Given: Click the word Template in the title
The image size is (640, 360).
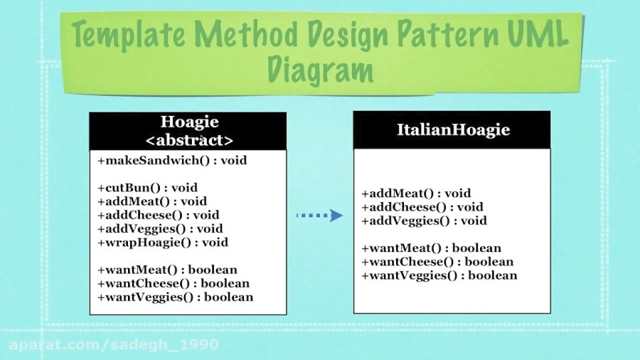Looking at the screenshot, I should point(127,35).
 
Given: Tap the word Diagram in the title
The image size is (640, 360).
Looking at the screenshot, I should point(320,70).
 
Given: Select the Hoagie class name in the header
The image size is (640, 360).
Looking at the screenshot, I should point(189,122).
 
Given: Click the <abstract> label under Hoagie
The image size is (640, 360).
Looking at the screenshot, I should point(189,139).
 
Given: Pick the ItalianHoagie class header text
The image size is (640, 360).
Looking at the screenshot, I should point(453,130).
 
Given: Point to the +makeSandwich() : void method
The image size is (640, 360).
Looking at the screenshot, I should point(172,161).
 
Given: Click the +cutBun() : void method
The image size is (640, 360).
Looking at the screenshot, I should point(147,188).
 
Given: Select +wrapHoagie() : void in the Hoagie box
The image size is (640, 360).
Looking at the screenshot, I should point(163,243).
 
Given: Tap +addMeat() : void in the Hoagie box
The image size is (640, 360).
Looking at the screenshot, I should point(152,201).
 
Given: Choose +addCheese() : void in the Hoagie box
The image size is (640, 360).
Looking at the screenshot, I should point(159,215).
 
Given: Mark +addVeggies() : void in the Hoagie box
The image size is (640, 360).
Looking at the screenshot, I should point(160,229).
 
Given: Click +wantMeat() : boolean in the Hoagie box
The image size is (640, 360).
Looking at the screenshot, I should point(167,270).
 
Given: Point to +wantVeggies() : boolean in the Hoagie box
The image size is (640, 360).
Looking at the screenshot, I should point(175,297).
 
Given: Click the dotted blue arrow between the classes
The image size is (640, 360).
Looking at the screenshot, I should point(319,215).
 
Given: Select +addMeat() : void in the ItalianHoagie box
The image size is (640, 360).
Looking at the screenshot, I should point(416,194).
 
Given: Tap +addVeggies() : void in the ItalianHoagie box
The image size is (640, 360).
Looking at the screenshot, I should point(424,221).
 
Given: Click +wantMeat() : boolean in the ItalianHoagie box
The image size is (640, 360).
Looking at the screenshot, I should point(431,248).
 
